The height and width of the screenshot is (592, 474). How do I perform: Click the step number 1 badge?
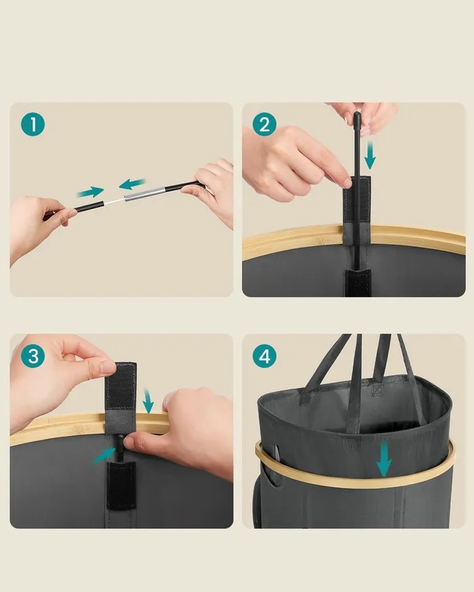point(33,124)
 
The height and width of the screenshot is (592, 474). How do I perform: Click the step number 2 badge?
point(265,124)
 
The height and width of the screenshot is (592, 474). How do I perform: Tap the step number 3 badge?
point(33,356)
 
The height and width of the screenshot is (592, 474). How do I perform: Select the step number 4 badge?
point(265,356)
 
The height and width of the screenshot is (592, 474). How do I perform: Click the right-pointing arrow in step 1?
point(90,192)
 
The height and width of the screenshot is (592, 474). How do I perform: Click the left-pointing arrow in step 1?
point(132,183)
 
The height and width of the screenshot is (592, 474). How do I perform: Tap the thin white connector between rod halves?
point(114,202)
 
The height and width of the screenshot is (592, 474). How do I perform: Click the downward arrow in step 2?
point(370,155)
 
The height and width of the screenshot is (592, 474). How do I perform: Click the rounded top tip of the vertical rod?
point(358,114)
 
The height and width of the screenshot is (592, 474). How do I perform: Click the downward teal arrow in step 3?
point(148,401)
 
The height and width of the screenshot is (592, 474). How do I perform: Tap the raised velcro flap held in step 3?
point(121,397)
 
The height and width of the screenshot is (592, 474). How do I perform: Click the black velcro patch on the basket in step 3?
point(121,485)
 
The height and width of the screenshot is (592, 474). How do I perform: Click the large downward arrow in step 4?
point(384,458)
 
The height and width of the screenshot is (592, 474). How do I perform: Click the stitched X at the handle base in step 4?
point(378,389)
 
